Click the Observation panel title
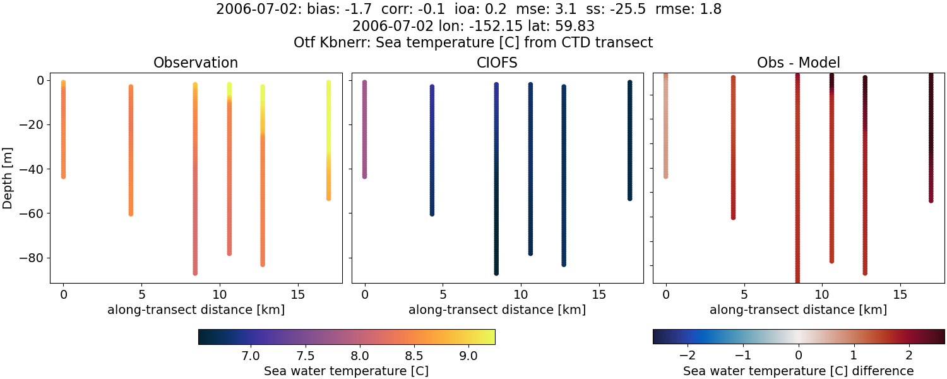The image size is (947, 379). (x=196, y=63)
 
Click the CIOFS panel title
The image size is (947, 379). (x=497, y=63)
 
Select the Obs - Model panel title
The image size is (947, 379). (x=798, y=63)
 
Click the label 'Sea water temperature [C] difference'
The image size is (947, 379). (x=798, y=371)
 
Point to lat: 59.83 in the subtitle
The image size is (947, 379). (x=561, y=27)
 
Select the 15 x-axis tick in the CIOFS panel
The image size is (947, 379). (x=599, y=294)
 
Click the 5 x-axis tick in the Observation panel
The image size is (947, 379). (x=141, y=294)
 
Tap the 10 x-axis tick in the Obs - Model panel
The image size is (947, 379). (x=822, y=294)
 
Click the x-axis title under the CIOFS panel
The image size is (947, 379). (x=497, y=310)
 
